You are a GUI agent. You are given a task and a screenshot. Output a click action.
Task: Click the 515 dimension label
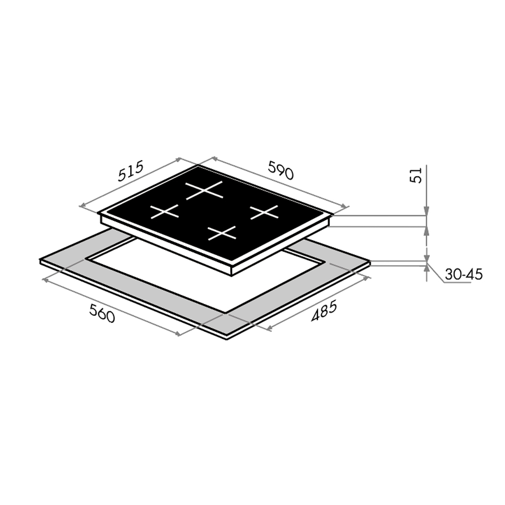130,171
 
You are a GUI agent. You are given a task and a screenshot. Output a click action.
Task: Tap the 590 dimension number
280,169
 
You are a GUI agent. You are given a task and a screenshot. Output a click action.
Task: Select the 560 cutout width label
102,314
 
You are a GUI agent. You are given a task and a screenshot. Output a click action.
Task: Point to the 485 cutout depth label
324,311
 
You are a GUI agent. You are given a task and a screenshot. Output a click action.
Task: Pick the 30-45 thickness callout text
464,275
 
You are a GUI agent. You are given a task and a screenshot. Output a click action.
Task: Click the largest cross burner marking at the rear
204,190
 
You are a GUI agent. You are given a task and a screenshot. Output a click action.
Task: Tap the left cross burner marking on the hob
165,211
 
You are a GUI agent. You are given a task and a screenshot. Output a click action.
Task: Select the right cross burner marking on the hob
264,212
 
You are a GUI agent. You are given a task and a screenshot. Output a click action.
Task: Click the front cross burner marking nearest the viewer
222,233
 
